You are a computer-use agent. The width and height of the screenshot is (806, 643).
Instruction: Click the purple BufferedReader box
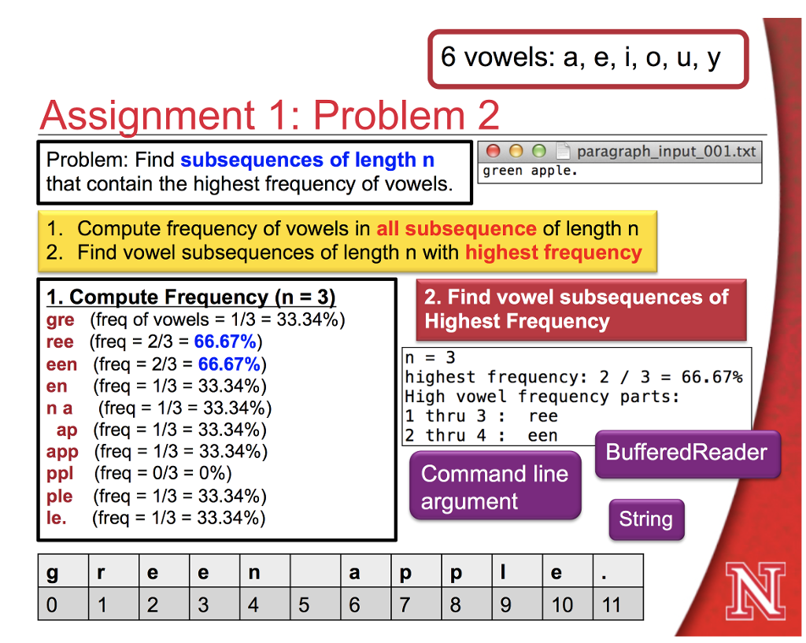[x=686, y=453]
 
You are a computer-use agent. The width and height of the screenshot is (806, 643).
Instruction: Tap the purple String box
[x=645, y=519]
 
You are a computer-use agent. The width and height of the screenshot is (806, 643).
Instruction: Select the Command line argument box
[x=494, y=487]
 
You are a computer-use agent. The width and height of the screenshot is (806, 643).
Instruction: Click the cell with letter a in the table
[x=354, y=573]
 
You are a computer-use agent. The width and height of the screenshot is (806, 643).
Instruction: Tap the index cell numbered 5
[x=304, y=604]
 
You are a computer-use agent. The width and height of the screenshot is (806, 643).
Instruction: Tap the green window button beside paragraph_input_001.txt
[x=539, y=151]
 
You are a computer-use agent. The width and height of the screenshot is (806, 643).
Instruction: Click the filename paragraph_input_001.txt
[x=665, y=151]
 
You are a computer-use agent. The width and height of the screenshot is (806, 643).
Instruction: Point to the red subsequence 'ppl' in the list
[x=60, y=474]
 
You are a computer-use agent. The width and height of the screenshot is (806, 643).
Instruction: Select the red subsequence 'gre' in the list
[x=61, y=320]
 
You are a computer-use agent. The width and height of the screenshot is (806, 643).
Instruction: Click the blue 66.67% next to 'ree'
[x=225, y=342]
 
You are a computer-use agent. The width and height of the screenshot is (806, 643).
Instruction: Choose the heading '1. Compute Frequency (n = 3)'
[x=191, y=297]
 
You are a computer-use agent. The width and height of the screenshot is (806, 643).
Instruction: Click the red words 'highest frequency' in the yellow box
[x=553, y=253]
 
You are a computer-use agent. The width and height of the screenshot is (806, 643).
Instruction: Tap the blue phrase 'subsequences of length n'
[x=307, y=161]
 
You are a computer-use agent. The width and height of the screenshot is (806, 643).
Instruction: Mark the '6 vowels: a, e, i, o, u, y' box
[x=587, y=58]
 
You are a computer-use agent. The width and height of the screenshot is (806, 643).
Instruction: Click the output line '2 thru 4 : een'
[x=481, y=435]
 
